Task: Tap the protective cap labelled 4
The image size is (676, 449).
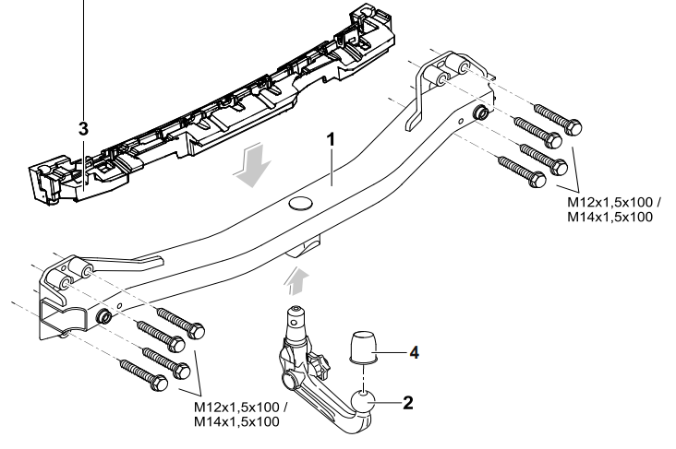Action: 363,351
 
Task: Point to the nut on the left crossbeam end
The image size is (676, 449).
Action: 105,317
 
